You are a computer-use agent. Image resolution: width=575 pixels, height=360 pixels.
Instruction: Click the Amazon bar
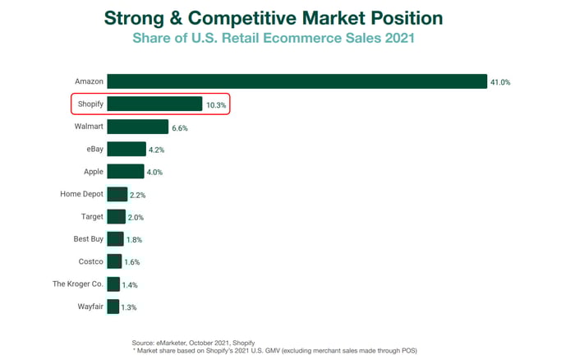[296, 81]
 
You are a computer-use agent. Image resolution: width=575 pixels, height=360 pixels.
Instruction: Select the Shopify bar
[154, 104]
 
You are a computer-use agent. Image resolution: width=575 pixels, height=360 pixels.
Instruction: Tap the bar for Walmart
[137, 127]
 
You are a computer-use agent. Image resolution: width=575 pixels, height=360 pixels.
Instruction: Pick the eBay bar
[126, 149]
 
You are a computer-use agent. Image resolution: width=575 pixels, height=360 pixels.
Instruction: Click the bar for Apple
[125, 171]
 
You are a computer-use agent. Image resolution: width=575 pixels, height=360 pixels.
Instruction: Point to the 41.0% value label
[500, 82]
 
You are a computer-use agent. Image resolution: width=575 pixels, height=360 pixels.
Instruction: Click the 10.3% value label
[215, 105]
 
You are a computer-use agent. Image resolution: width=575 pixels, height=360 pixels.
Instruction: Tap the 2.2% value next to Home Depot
[138, 195]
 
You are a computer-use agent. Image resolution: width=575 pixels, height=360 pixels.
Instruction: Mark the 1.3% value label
[128, 307]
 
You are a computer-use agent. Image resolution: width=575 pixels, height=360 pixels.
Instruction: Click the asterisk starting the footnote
[134, 349]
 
